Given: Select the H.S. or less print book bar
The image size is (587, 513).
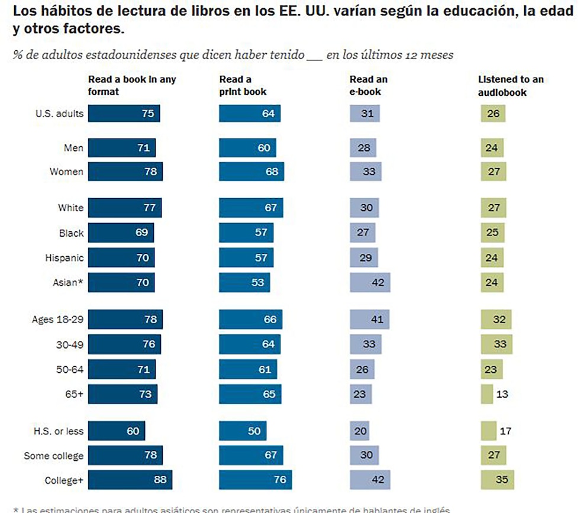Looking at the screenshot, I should tap(243, 431).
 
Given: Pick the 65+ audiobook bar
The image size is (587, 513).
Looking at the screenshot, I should tap(487, 393).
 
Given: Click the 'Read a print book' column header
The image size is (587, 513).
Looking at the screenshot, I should tap(243, 85).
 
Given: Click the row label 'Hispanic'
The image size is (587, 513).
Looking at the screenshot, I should tap(64, 258).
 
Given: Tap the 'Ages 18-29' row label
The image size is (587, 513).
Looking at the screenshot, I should tap(57, 320).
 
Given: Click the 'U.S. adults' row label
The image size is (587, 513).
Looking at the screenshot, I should tap(60, 114).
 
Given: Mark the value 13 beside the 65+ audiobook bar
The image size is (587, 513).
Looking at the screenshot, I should tap(502, 393).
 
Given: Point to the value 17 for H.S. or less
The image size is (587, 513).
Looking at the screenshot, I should tap(505, 431).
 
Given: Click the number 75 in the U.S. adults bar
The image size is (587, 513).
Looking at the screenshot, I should tap(147, 114).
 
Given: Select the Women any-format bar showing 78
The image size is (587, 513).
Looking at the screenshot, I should tap(125, 172).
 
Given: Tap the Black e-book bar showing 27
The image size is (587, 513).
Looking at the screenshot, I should tap(363, 233).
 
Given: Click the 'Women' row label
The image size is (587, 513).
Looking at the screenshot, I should tap(67, 172).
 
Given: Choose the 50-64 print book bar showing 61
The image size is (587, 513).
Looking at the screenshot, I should tap(248, 369).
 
